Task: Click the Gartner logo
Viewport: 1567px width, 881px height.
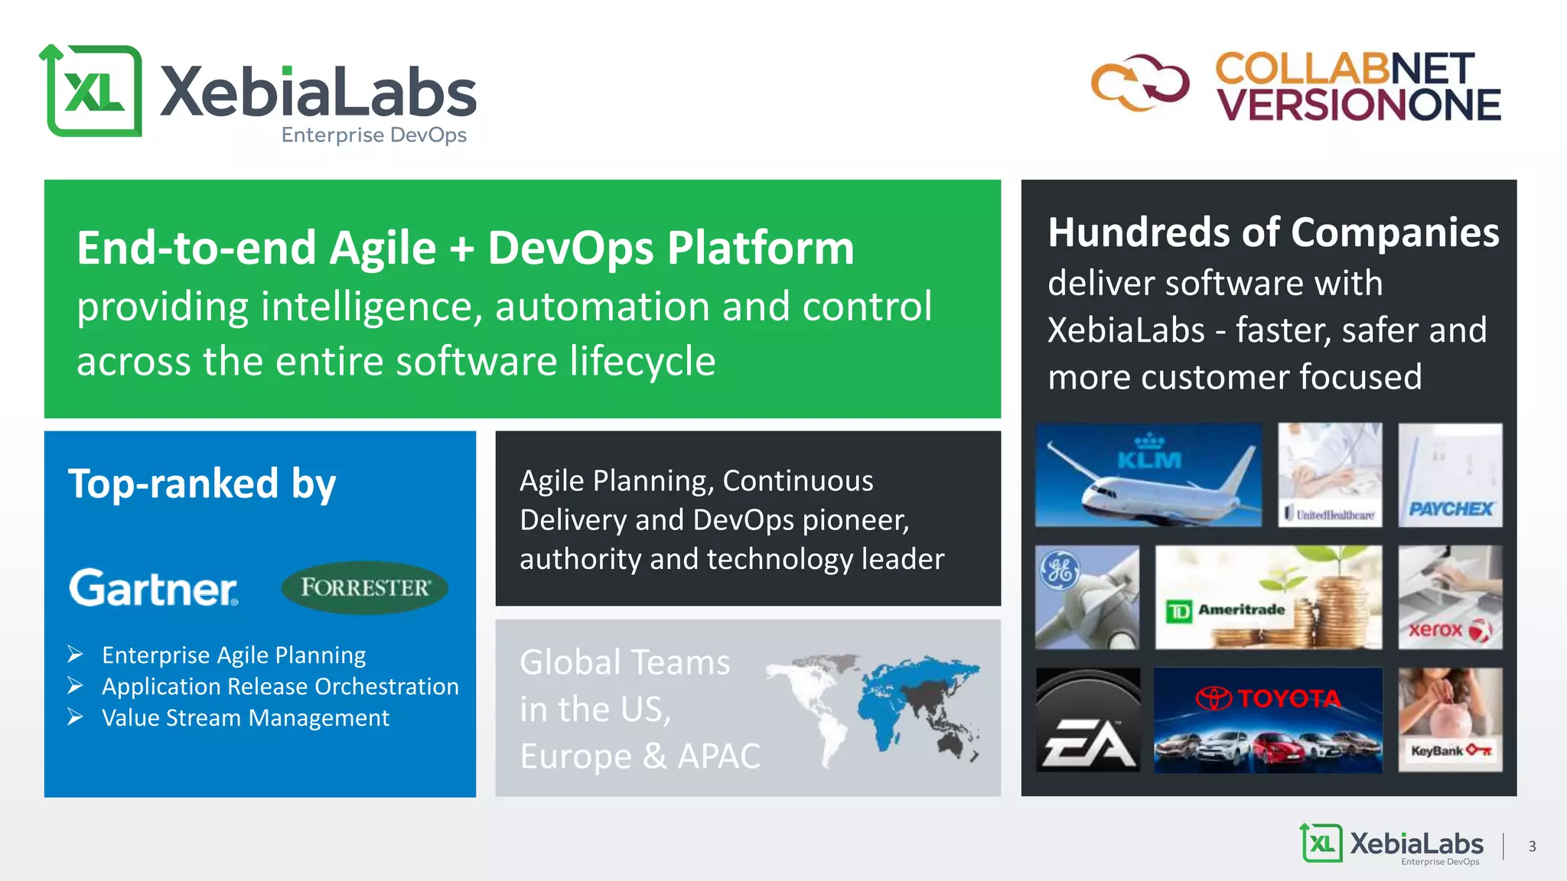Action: coord(153,587)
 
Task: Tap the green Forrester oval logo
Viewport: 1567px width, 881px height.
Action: coord(364,587)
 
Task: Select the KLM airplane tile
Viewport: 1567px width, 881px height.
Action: coord(1148,475)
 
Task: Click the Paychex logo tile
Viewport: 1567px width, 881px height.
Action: coord(1450,475)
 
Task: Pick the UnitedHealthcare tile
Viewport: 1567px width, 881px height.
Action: coord(1330,475)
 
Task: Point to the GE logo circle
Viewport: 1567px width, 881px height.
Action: coord(1060,571)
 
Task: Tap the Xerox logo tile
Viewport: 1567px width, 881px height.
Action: coord(1450,597)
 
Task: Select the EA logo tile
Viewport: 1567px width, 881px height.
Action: coord(1087,720)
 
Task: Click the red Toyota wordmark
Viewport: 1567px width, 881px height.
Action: coord(1288,698)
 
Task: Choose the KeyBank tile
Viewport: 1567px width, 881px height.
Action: coord(1450,720)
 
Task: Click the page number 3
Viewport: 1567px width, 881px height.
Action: coord(1532,847)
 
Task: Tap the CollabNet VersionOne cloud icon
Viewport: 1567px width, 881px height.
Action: coord(1140,83)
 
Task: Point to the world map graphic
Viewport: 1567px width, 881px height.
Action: coord(872,707)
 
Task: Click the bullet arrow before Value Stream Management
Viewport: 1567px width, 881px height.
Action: coord(75,717)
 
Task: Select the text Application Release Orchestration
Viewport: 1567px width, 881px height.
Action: coord(280,687)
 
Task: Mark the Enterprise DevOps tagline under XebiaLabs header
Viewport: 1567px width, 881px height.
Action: coord(373,135)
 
